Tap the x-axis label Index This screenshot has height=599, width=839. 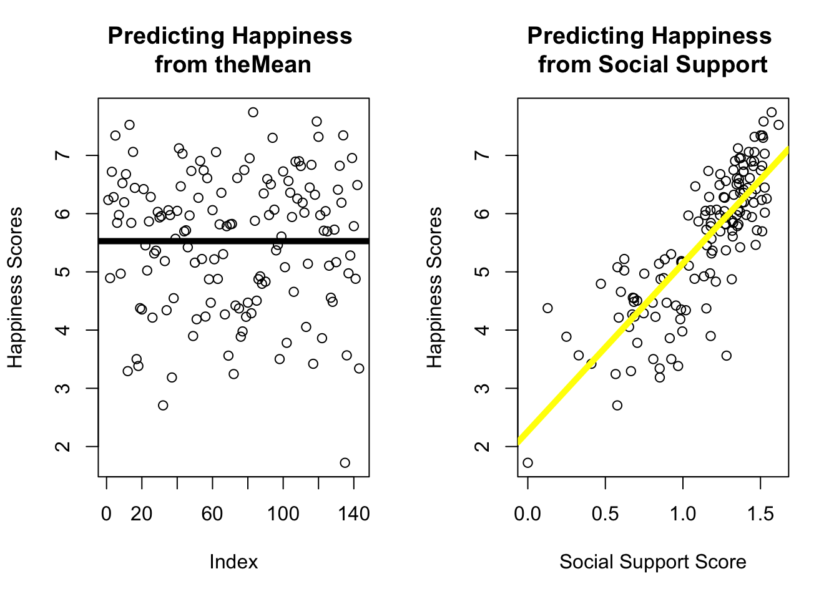pos(233,562)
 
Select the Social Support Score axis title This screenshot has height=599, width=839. pos(652,562)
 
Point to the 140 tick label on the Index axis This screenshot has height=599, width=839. pos(353,514)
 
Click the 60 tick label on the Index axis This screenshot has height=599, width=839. pos(212,514)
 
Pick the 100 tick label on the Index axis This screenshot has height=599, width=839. pos(283,514)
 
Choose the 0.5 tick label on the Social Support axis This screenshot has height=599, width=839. pos(605,514)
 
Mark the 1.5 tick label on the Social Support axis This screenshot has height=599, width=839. pos(760,514)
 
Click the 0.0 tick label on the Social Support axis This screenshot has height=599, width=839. pos(527,514)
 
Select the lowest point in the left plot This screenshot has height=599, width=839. pos(345,462)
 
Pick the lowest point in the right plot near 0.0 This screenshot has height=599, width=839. pos(527,462)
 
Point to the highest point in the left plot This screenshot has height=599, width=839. pos(253,112)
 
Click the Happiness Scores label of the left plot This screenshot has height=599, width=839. pos(15,287)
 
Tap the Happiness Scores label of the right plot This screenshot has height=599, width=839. pos(434,287)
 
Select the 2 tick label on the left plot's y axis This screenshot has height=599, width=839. pos(63,446)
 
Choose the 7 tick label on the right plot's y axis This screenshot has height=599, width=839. pos(483,155)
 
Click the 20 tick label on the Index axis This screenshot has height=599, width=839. pos(142,514)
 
